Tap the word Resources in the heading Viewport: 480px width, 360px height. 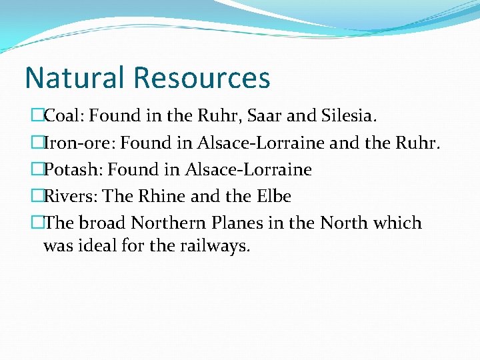[202, 77]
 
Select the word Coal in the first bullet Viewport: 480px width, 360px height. [63, 117]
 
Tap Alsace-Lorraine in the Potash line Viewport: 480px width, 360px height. [248, 170]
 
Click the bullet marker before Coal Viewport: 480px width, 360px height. [37, 117]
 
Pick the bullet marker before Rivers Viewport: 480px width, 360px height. [37, 197]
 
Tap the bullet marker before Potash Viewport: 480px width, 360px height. [37, 170]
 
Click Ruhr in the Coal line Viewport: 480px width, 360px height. [218, 117]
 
